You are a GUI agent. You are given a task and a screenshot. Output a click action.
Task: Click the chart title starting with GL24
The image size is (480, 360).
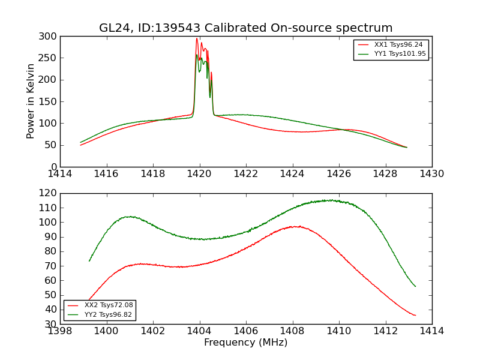(245, 28)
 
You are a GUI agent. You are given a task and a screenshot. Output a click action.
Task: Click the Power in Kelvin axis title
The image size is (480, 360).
(31, 101)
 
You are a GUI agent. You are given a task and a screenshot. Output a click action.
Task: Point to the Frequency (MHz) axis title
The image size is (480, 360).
(245, 343)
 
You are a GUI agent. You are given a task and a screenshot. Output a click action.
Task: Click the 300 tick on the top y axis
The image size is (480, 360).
(49, 37)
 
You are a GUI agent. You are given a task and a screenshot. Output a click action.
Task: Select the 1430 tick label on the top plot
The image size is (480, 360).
(432, 174)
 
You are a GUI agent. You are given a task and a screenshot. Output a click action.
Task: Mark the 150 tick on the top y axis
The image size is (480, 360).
(49, 101)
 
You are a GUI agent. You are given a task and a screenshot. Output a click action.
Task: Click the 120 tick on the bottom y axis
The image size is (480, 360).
(49, 193)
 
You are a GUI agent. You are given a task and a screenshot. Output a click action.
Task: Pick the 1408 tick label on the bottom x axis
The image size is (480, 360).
(293, 331)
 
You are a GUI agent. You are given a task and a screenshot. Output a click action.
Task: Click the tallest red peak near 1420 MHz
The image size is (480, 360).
(197, 39)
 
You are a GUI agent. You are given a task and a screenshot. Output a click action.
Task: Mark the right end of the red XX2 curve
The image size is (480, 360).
(415, 315)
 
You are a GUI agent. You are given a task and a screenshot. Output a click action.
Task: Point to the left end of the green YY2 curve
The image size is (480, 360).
(89, 260)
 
